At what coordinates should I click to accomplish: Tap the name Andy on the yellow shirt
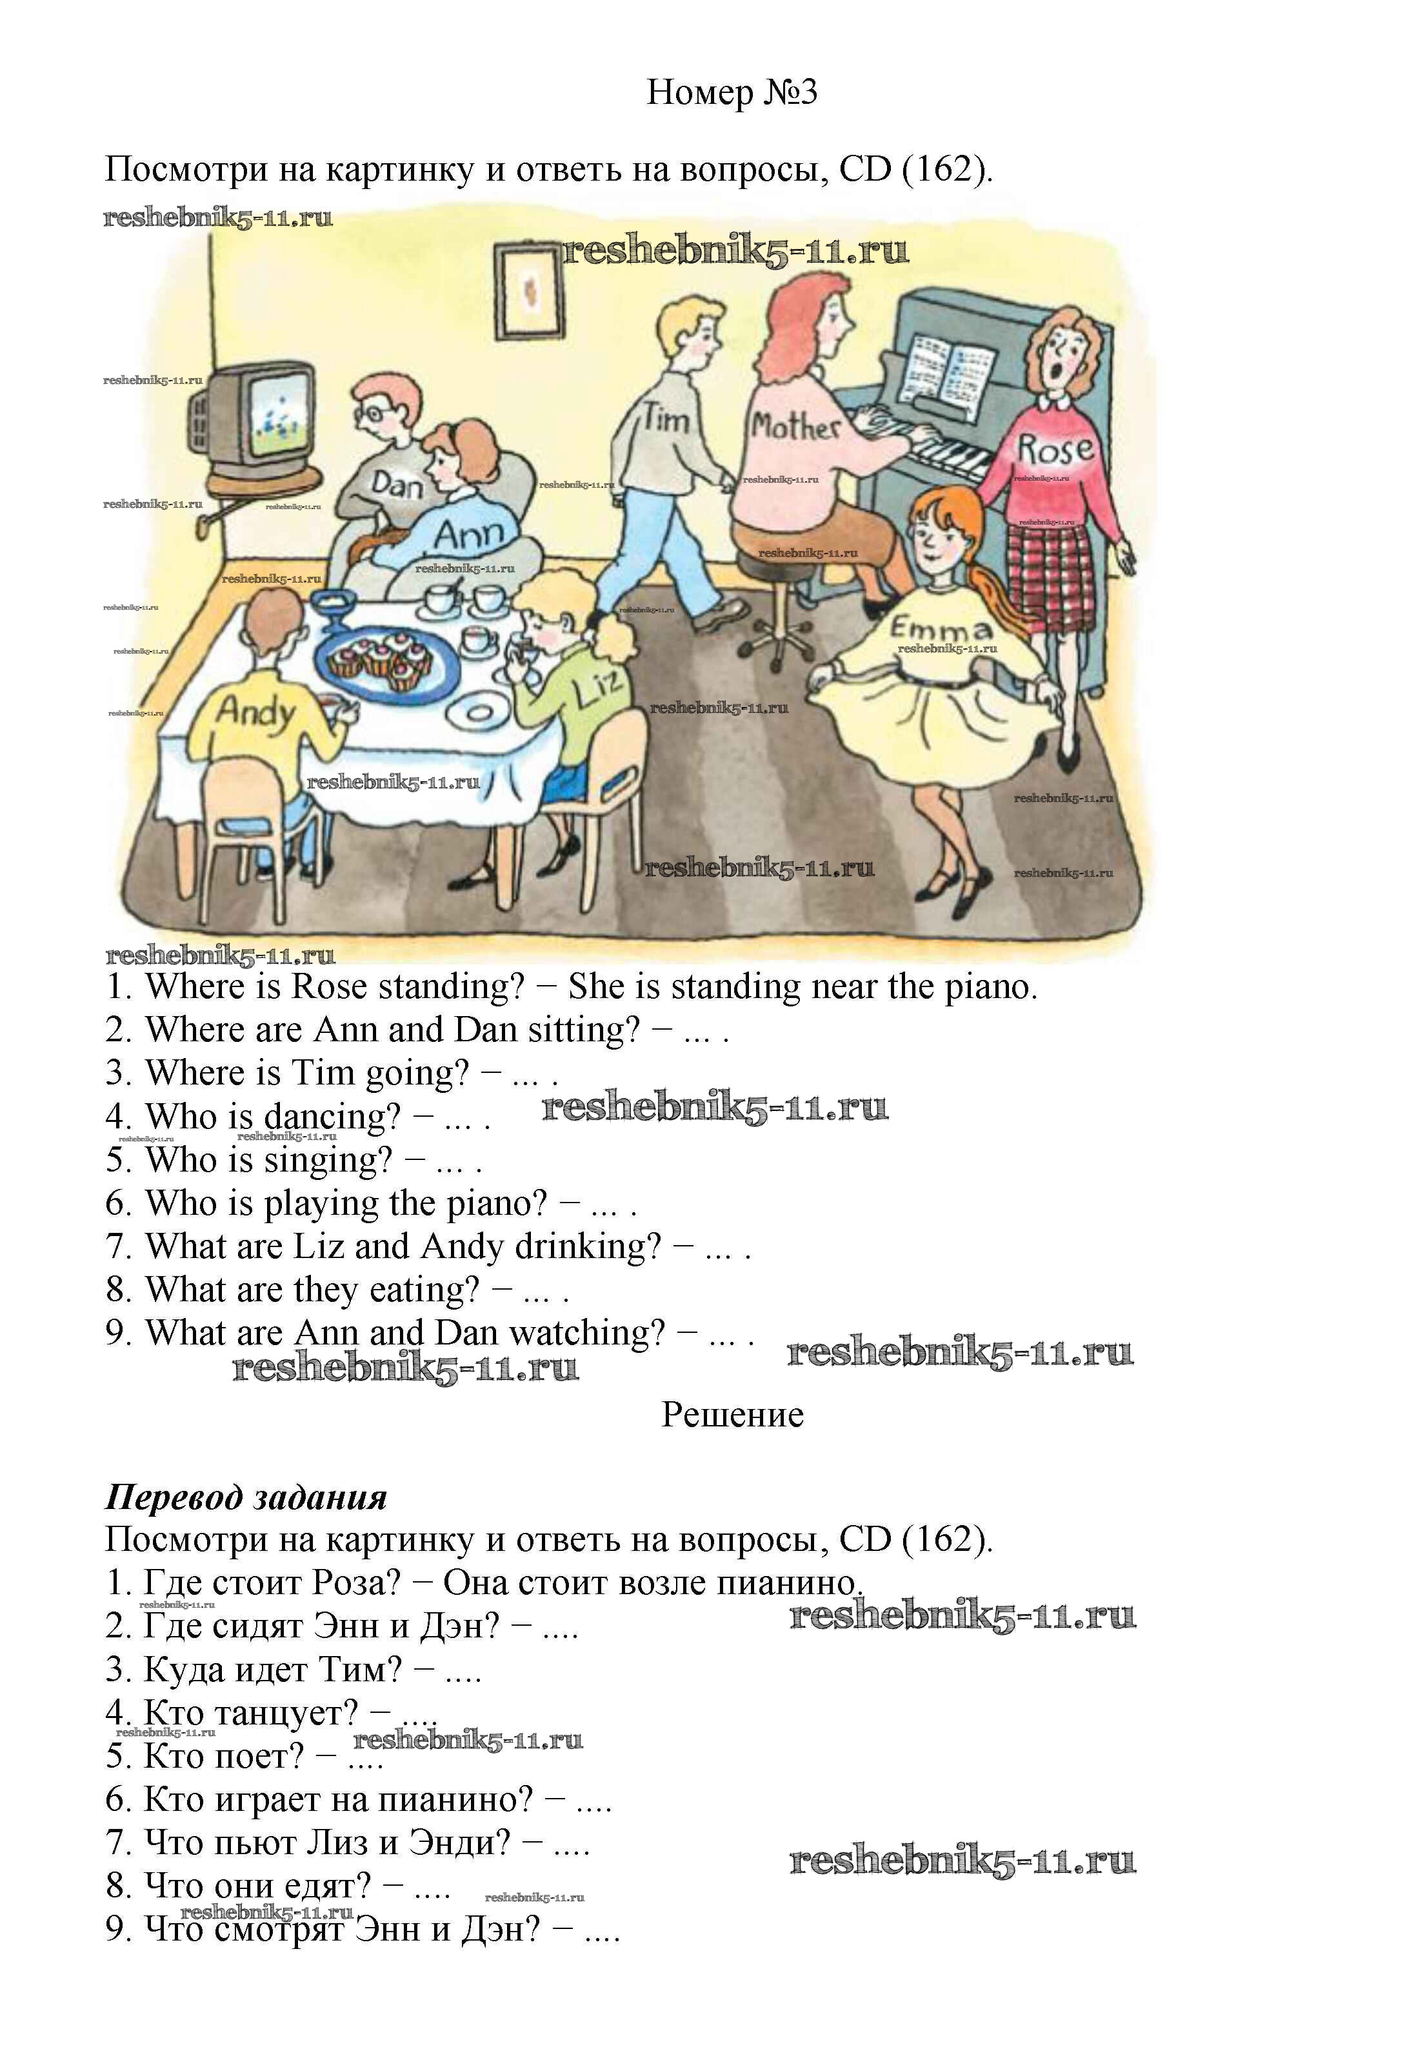[256, 710]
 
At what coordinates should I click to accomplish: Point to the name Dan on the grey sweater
[397, 485]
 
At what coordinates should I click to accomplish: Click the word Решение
[732, 1414]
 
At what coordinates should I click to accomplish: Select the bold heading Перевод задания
[246, 1497]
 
